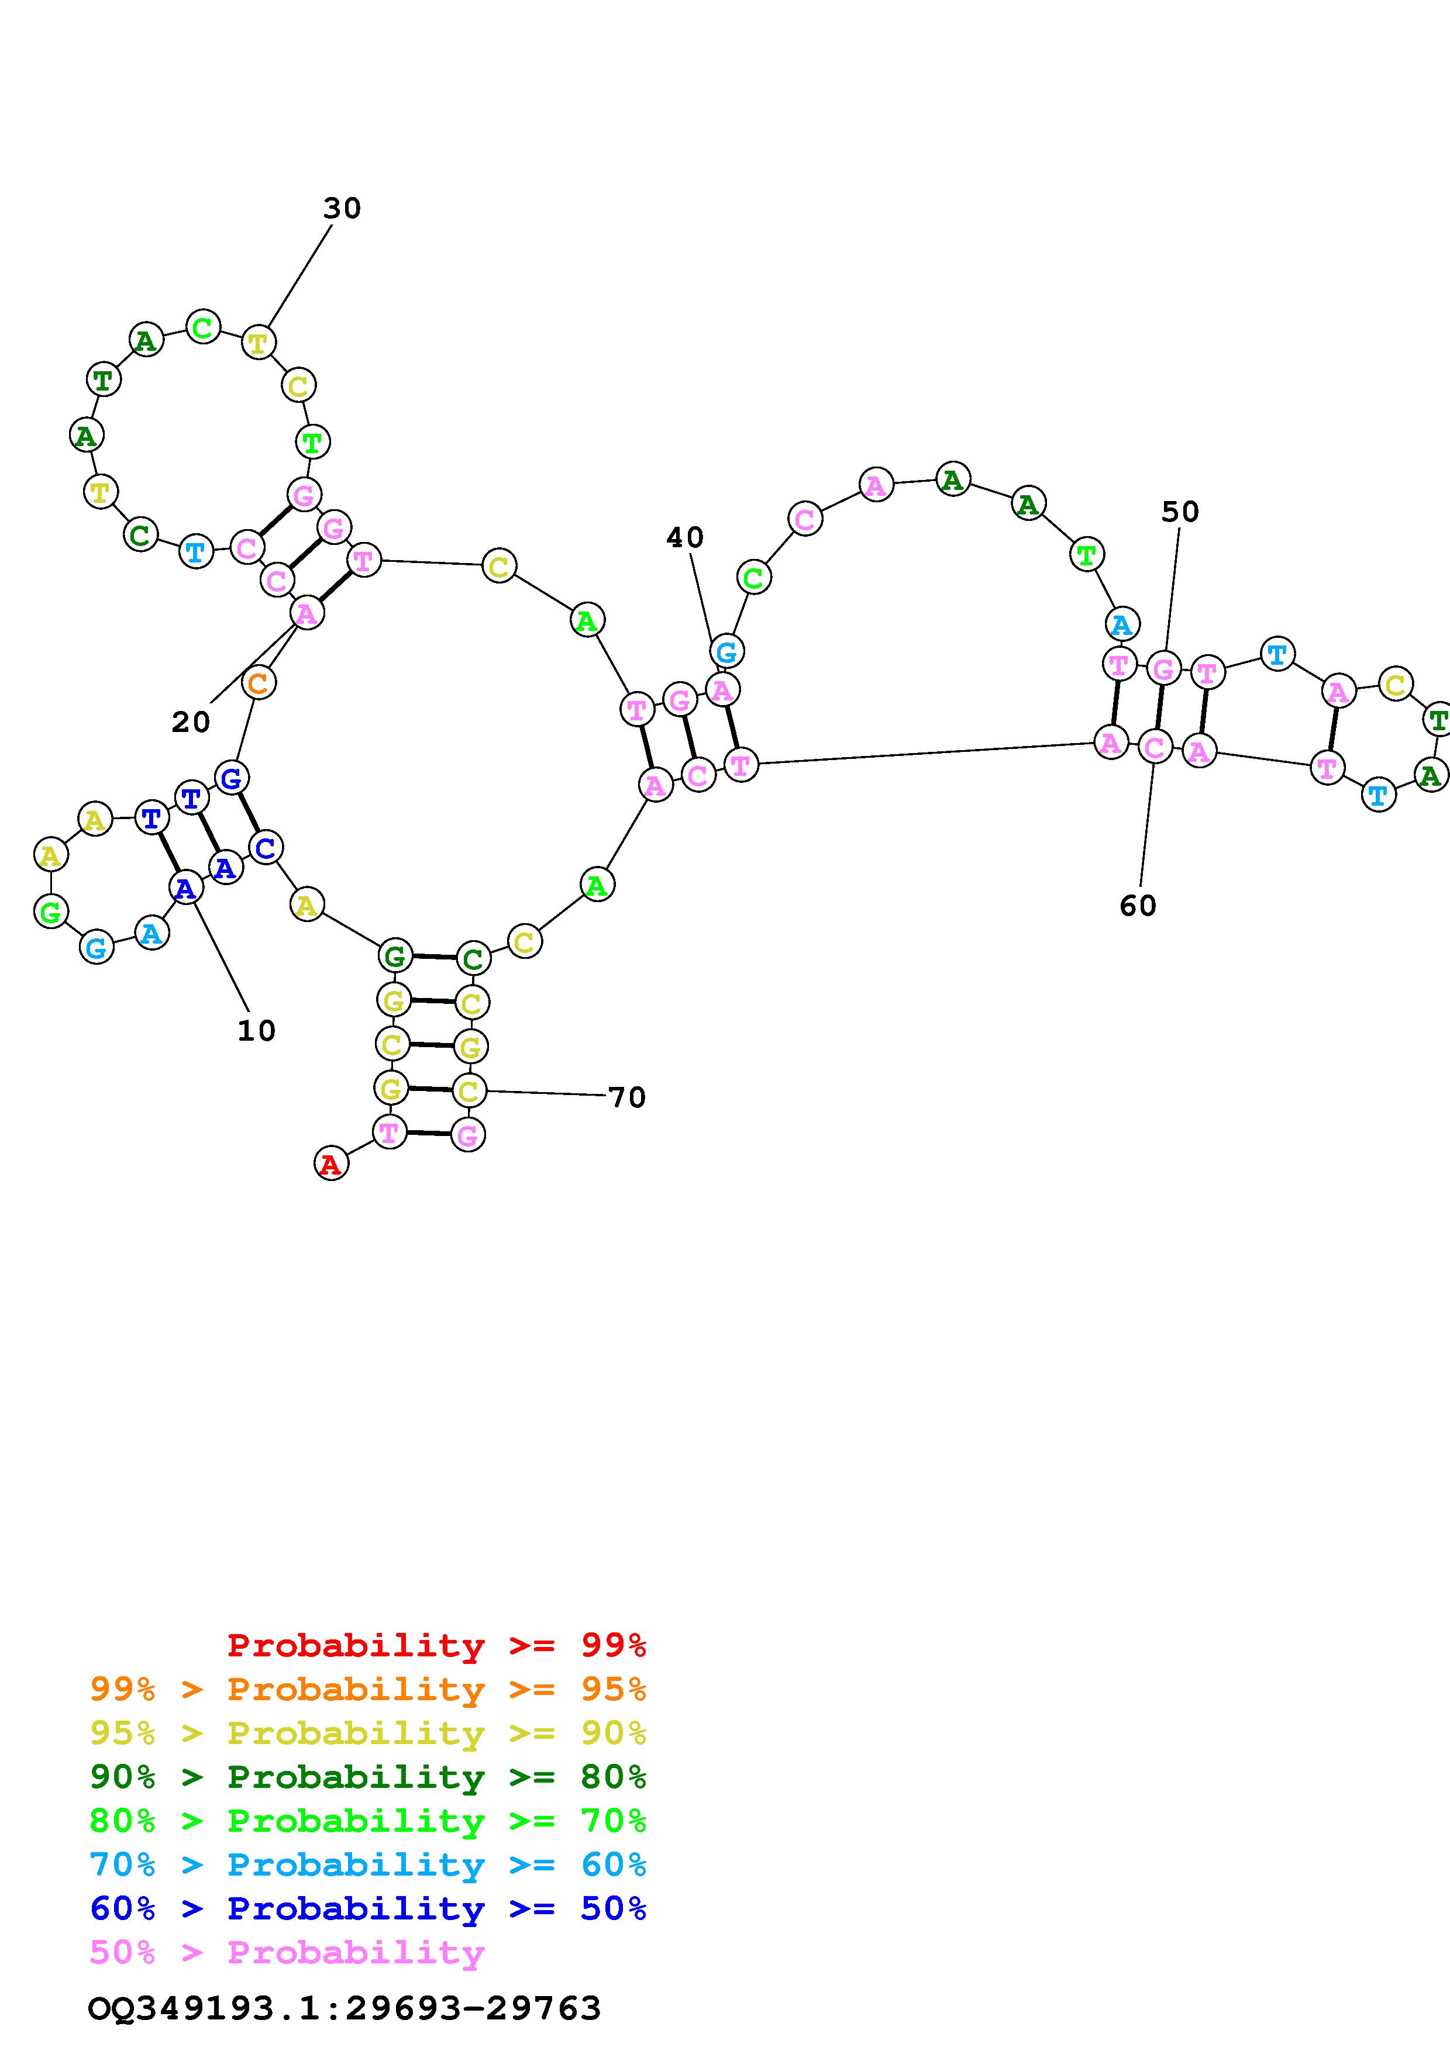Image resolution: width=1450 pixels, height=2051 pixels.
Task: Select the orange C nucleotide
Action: (257, 683)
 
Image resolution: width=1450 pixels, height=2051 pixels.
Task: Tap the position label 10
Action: (256, 1031)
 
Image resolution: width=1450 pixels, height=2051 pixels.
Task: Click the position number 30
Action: (342, 208)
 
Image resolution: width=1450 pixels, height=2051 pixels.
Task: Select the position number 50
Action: (1180, 512)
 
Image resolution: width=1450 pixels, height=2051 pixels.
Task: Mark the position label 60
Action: (1138, 906)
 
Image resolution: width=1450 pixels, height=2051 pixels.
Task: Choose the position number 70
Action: (626, 1097)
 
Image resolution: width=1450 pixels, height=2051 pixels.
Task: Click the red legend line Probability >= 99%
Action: (437, 1645)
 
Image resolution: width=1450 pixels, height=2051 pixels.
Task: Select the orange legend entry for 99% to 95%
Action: (368, 1689)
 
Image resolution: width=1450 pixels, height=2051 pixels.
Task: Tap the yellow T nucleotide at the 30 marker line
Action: (258, 341)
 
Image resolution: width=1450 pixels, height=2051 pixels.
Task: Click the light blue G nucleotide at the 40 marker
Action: (727, 651)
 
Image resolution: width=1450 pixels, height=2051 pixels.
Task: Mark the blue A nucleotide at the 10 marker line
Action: (185, 888)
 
